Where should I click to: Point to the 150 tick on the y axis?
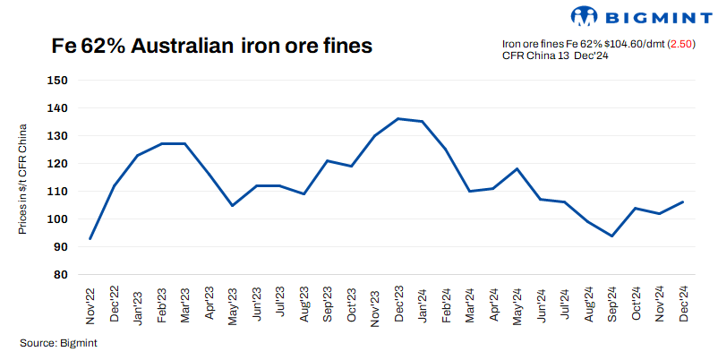[57, 81]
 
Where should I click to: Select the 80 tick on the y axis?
[57, 275]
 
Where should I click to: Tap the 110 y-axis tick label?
[57, 192]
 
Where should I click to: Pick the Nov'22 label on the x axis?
[90, 304]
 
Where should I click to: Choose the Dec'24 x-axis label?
[684, 304]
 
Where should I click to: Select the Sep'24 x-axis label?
[612, 304]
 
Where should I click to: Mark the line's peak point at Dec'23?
[397, 118]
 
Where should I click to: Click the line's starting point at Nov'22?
[90, 239]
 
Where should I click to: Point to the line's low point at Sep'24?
[612, 236]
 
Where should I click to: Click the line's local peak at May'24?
[517, 168]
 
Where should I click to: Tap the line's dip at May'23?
[231, 205]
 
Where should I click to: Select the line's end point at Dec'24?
[684, 201]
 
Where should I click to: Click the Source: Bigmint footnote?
[58, 342]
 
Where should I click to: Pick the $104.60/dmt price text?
[627, 44]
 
